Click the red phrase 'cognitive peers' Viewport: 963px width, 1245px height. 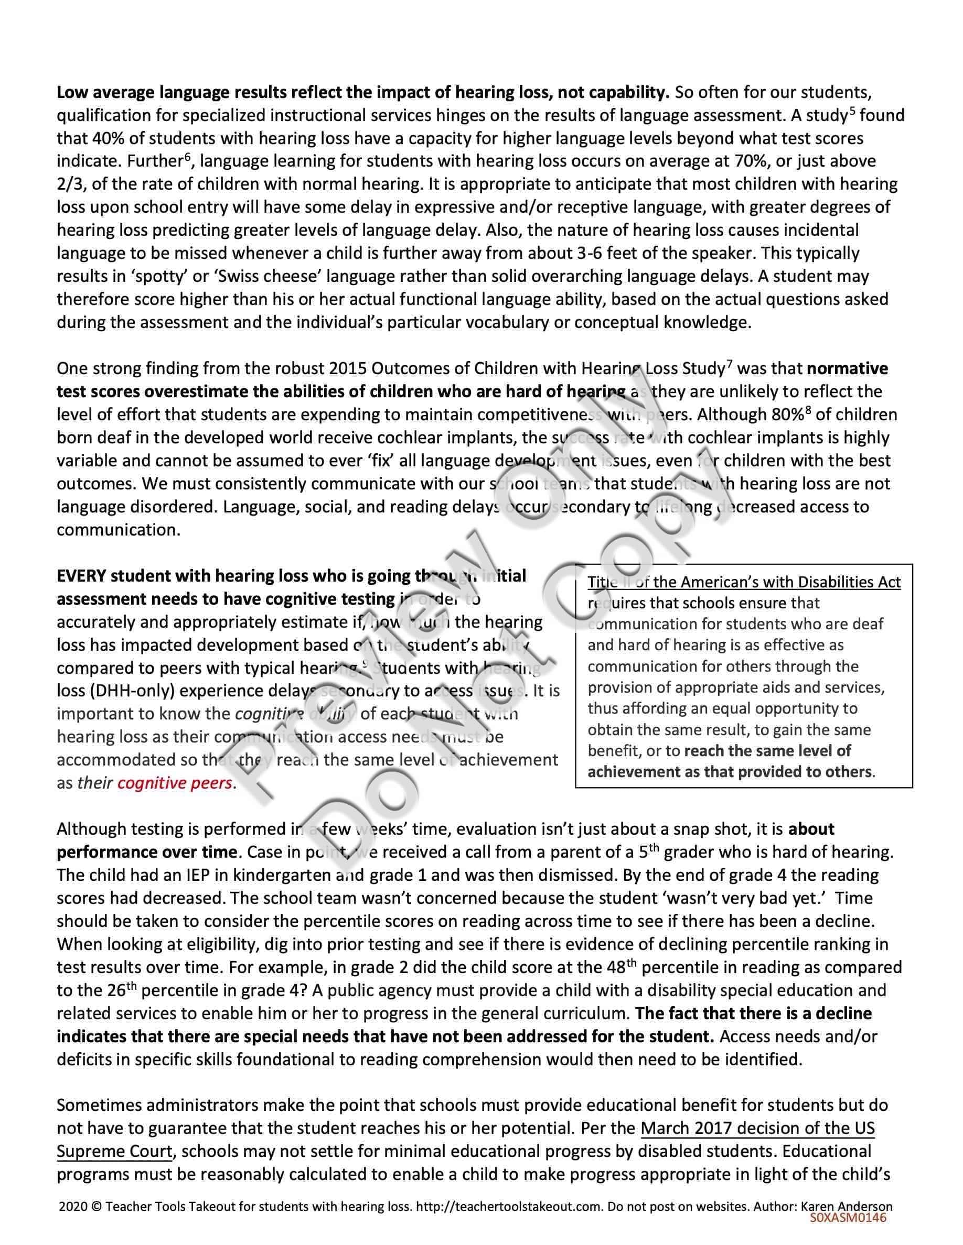pyautogui.click(x=175, y=783)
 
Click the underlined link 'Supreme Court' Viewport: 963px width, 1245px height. pyautogui.click(x=114, y=1151)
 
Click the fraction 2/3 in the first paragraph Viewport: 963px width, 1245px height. pyautogui.click(x=69, y=184)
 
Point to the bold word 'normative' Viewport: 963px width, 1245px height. pyautogui.click(x=847, y=369)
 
